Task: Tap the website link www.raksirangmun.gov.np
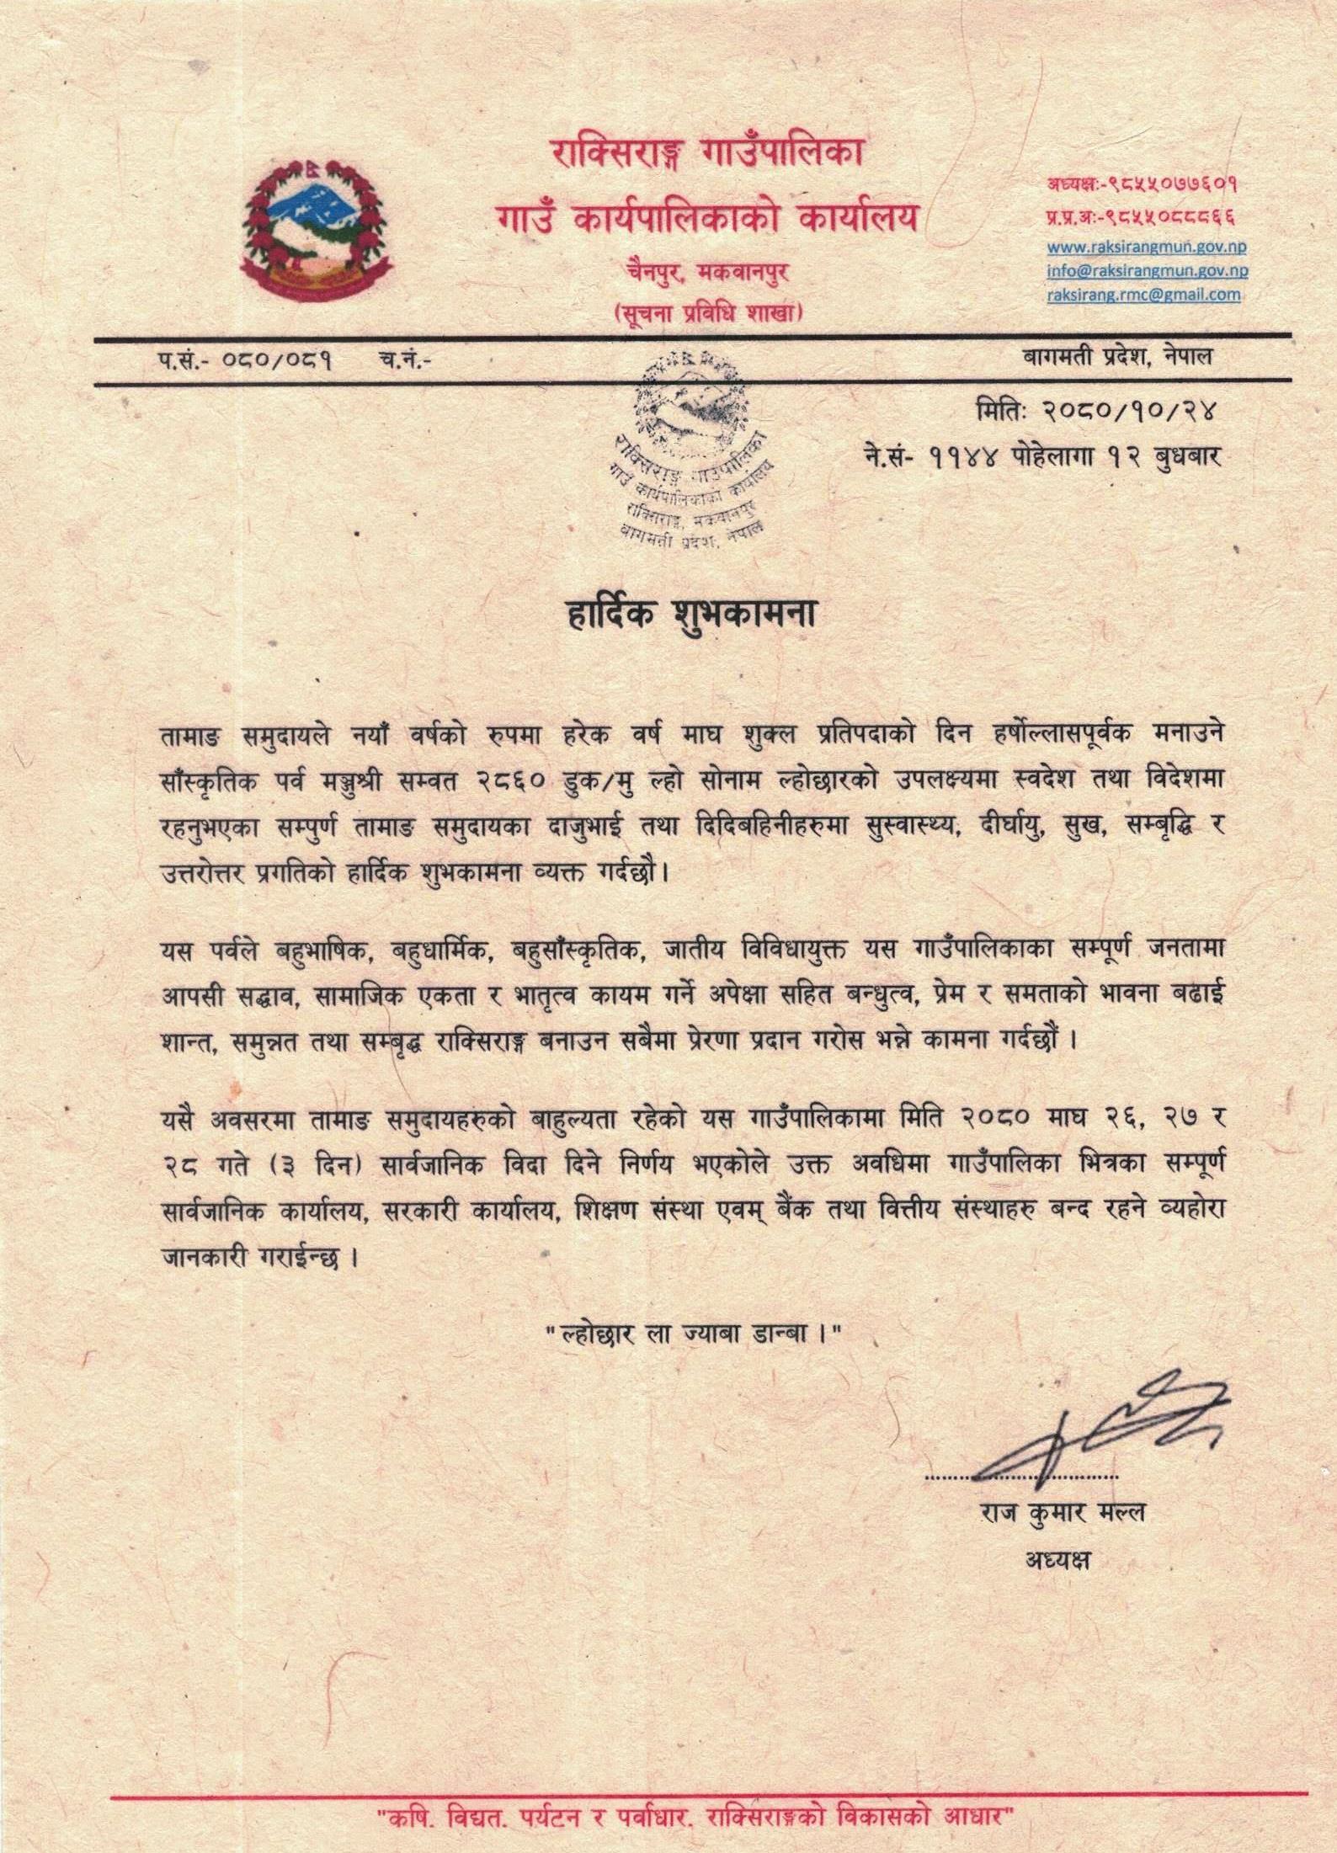point(1147,248)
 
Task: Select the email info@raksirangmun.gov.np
point(1147,271)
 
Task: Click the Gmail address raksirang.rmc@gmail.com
point(1143,295)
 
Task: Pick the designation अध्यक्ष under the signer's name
point(1057,1559)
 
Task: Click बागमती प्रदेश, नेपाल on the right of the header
point(1116,357)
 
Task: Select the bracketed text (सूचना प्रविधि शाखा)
point(707,313)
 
